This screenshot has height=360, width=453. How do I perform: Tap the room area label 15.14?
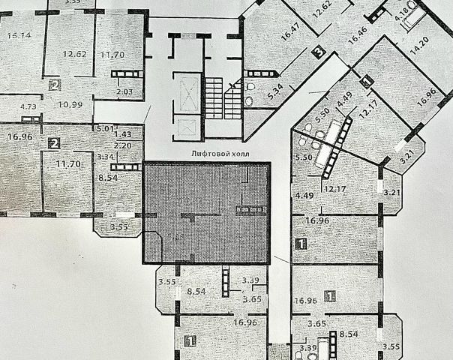coord(17,35)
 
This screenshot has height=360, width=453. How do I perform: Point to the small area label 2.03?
coord(124,92)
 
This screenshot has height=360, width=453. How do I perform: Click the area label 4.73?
coord(28,107)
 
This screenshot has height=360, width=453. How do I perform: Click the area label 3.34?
coord(104,156)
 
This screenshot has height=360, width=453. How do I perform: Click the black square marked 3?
coord(319,52)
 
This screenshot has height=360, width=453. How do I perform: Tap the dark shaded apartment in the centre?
coord(205,213)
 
